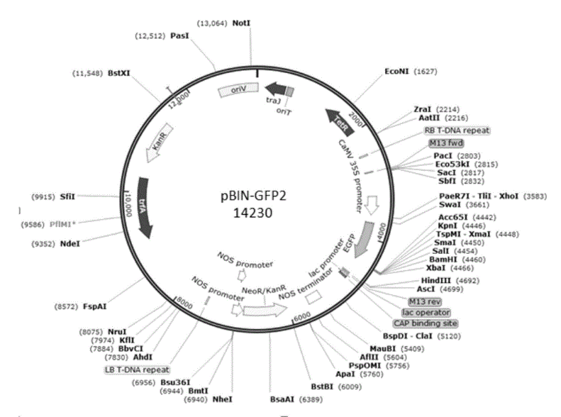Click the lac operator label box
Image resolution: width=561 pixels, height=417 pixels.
tap(426, 312)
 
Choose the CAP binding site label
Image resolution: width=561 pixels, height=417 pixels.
tap(431, 323)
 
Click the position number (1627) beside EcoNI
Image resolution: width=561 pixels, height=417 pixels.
tap(428, 72)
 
